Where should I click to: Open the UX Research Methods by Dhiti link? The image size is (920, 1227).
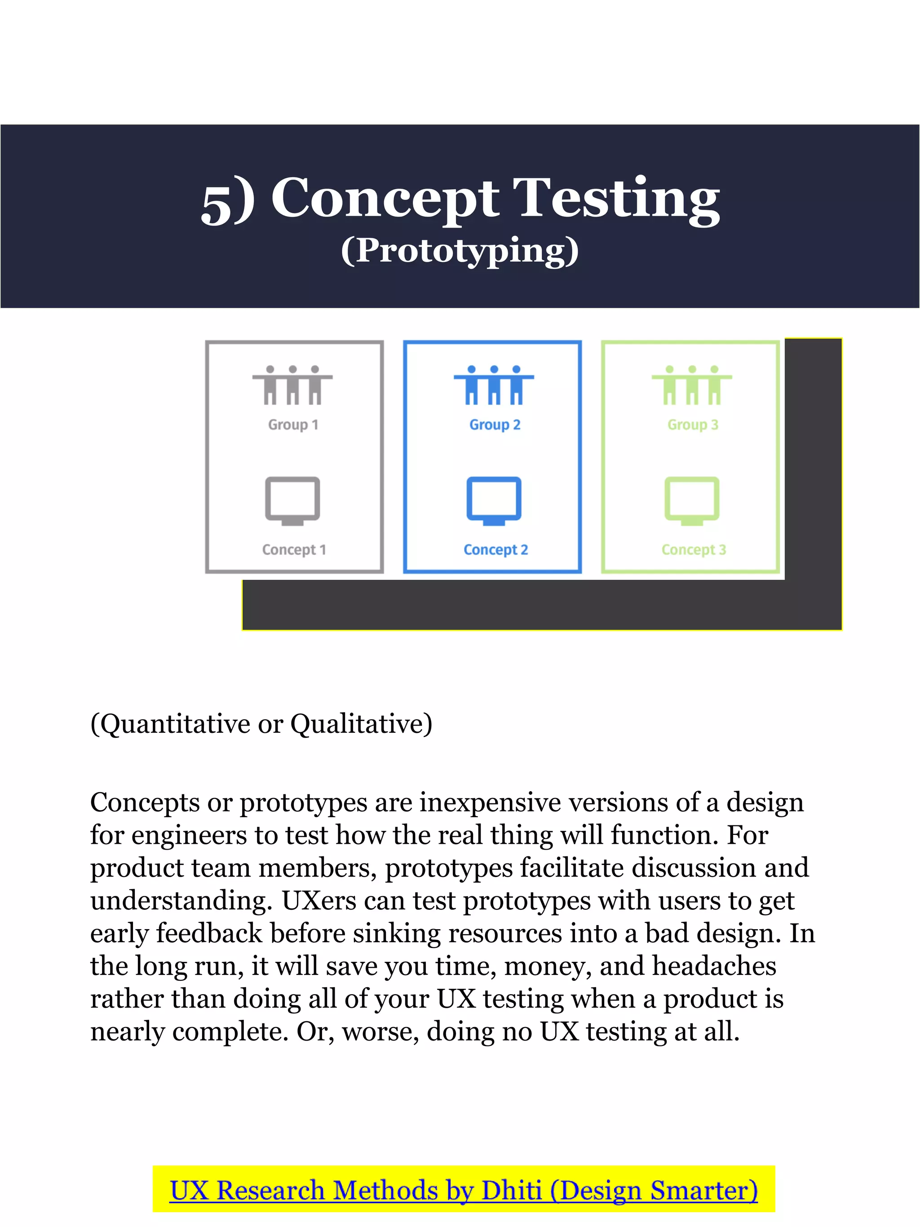click(x=464, y=1191)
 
